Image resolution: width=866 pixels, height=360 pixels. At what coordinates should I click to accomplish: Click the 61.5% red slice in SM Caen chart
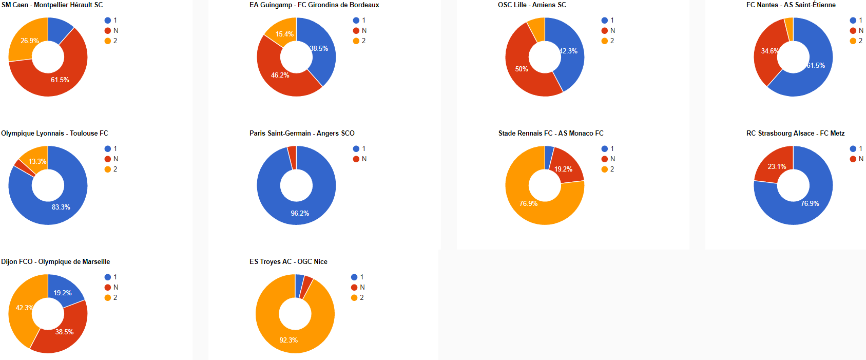click(60, 80)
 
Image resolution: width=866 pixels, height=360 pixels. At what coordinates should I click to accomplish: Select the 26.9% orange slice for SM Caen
click(29, 41)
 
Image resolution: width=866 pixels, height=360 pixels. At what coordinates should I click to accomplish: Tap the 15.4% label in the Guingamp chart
click(284, 34)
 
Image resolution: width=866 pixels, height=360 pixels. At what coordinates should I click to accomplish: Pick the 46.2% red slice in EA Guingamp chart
click(280, 75)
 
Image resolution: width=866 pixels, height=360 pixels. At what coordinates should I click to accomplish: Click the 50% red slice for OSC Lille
click(522, 69)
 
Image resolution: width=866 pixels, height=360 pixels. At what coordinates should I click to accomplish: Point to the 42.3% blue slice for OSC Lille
click(568, 51)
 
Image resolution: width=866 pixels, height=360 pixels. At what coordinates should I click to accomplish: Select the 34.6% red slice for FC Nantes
click(769, 51)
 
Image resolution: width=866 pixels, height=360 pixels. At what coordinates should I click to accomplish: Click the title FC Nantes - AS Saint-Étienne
click(791, 5)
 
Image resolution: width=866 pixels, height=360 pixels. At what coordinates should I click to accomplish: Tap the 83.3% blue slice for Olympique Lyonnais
click(61, 207)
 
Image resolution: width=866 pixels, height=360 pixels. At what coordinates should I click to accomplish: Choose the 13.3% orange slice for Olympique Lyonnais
click(37, 161)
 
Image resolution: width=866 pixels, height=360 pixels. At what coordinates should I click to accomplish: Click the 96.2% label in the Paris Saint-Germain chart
click(300, 213)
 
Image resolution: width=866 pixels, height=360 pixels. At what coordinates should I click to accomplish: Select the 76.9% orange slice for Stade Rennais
click(528, 203)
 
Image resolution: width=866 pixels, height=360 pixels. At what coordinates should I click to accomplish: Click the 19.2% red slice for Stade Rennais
click(563, 169)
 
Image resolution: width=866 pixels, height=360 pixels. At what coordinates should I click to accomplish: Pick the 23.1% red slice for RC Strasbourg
click(777, 167)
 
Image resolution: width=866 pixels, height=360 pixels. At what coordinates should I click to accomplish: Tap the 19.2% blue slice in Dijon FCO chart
click(63, 293)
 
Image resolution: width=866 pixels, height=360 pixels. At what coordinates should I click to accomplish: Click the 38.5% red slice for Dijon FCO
click(64, 332)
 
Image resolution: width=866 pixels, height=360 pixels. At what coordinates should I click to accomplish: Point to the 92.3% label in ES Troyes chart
click(288, 340)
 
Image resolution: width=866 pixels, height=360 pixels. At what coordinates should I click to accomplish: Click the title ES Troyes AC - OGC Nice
click(288, 262)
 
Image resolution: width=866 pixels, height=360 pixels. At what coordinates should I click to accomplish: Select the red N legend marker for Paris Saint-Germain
click(356, 159)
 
